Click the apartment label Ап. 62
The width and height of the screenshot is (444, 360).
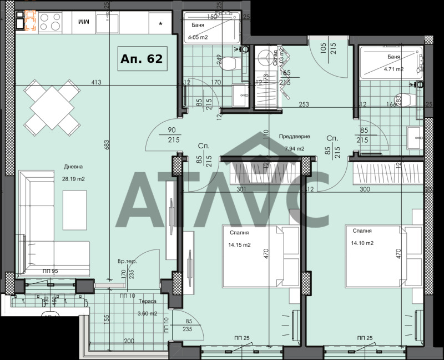142,59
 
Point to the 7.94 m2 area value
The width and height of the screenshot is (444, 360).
294,148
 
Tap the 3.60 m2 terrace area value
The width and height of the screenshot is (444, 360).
147,313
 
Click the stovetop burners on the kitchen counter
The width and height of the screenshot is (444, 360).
50,21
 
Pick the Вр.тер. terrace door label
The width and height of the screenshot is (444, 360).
127,261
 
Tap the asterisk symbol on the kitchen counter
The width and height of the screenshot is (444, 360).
161,23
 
